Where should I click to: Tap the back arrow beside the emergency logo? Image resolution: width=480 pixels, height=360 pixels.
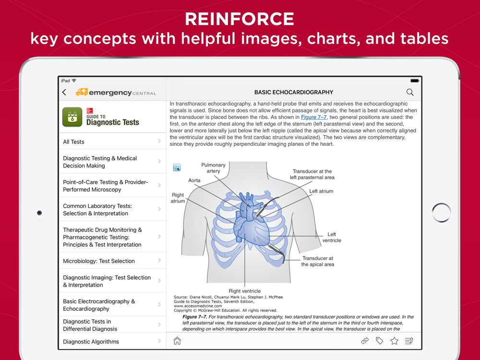[x=64, y=92]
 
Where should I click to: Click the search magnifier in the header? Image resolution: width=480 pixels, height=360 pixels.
[x=410, y=92]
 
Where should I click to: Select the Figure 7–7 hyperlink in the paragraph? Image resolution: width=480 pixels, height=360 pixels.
[x=314, y=117]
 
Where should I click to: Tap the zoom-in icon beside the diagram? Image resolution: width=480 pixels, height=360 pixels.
[x=177, y=167]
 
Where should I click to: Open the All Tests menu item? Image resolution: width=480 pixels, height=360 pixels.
[x=73, y=142]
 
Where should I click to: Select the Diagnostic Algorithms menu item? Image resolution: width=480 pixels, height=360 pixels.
[x=91, y=342]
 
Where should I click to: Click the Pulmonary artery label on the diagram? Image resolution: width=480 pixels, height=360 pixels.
[x=213, y=168]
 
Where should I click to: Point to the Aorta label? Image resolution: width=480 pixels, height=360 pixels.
[x=194, y=180]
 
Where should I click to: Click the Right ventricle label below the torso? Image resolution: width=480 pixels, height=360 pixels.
[x=245, y=291]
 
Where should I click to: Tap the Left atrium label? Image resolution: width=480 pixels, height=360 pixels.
[x=321, y=191]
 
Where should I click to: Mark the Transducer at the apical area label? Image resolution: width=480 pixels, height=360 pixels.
[x=317, y=261]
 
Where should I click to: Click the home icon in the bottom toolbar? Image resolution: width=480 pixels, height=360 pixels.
[x=177, y=341]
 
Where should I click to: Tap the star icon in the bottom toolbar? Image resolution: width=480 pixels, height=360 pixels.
[x=394, y=341]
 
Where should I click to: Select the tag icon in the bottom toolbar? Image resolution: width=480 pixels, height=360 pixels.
[x=379, y=341]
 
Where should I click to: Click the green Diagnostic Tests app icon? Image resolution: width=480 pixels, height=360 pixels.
[x=72, y=117]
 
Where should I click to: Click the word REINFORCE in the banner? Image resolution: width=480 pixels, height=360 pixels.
[x=240, y=19]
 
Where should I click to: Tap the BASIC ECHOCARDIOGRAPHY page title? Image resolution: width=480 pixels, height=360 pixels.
[x=294, y=92]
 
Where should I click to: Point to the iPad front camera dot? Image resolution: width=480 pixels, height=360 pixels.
[x=39, y=213]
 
